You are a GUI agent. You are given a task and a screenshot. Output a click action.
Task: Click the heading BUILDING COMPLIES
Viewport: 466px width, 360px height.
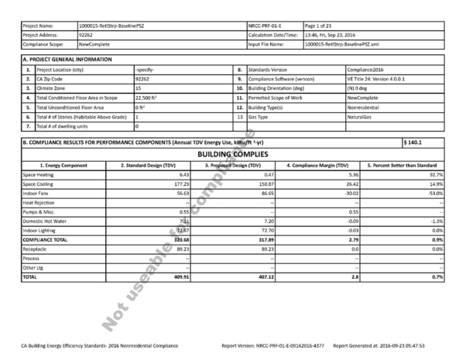(232, 154)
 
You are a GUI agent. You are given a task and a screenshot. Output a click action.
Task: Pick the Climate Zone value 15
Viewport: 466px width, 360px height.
(137, 89)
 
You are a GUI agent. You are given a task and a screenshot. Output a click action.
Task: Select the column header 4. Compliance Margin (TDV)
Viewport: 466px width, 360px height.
(317, 166)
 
